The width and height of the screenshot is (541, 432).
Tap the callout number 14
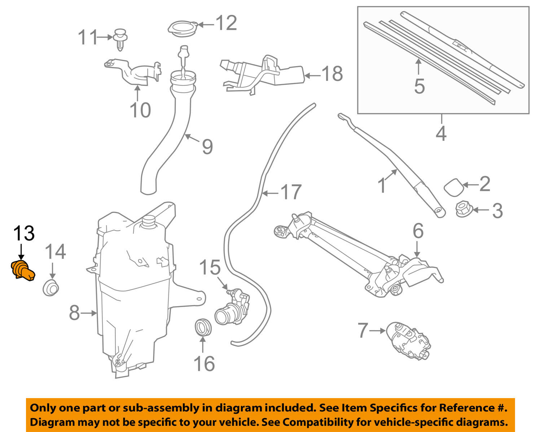[x=55, y=252]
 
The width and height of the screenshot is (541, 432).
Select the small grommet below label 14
[x=51, y=287]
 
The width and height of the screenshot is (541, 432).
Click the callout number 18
[x=332, y=74]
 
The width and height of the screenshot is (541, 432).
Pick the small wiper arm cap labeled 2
[x=453, y=186]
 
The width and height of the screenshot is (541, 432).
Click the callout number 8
[x=74, y=313]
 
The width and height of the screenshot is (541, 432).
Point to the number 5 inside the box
[x=419, y=86]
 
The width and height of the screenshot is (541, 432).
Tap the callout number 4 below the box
[x=441, y=133]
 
